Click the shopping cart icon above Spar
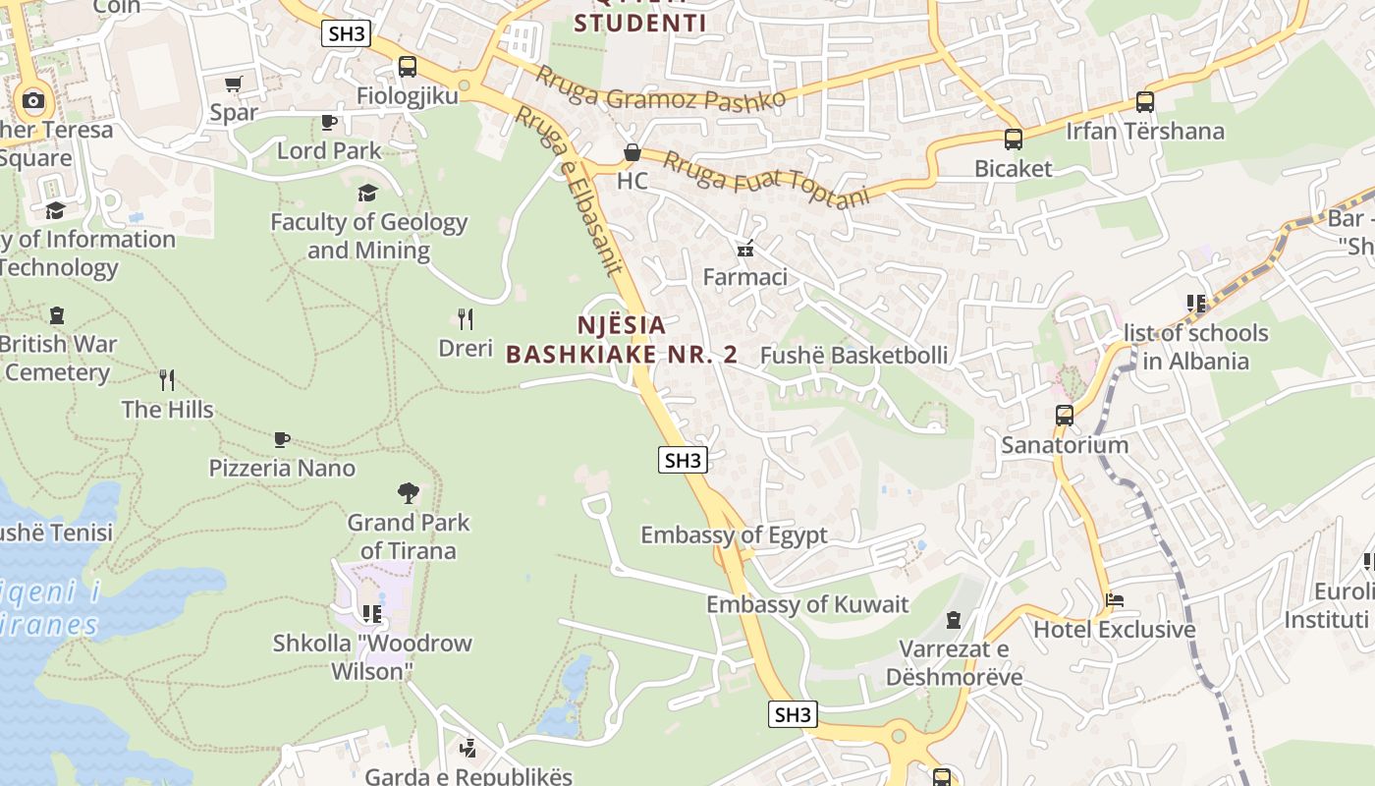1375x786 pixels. click(x=233, y=84)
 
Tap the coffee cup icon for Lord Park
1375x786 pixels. click(x=329, y=122)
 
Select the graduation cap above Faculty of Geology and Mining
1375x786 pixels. click(x=367, y=193)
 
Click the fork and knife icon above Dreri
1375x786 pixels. click(x=466, y=318)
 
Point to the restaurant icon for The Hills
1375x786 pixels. click(x=167, y=379)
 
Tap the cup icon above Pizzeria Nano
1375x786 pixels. click(x=282, y=439)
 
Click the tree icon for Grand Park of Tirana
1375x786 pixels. click(x=408, y=492)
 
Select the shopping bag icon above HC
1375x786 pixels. click(x=632, y=152)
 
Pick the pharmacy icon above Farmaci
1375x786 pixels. click(x=745, y=249)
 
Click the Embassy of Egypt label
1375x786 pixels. click(x=734, y=535)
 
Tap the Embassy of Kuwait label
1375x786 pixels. click(x=807, y=604)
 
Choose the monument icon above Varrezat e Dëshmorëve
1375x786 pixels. click(x=953, y=620)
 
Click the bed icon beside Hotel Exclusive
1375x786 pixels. click(x=1115, y=599)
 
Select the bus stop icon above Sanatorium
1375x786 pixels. click(x=1065, y=416)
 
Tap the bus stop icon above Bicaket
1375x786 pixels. click(x=1014, y=140)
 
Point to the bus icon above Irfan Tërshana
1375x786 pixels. click(x=1145, y=102)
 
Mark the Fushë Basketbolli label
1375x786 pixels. click(x=854, y=356)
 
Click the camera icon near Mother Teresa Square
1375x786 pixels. click(x=33, y=99)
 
